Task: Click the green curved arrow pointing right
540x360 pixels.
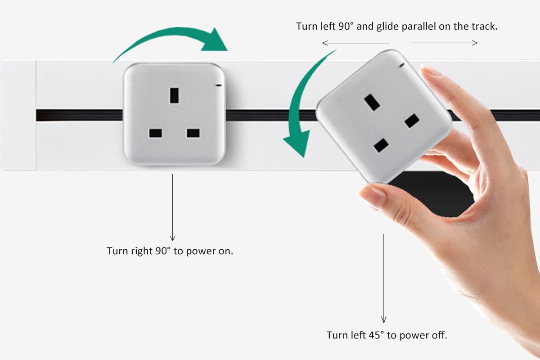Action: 174,34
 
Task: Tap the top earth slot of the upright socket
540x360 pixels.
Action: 174,95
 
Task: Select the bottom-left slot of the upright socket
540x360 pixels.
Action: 156,133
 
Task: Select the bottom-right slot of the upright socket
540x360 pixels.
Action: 193,133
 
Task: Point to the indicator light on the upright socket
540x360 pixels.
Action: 219,85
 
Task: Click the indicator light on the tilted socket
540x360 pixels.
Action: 401,65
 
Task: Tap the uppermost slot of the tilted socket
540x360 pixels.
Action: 372,103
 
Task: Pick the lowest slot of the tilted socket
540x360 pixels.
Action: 381,145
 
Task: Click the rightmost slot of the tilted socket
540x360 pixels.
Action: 412,121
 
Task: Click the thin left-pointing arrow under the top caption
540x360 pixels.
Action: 356,43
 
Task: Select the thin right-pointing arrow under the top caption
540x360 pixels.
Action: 444,43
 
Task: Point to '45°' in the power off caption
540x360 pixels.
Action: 376,335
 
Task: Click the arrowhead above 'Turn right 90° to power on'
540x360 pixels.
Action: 172,238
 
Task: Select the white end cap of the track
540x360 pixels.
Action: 18,115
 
